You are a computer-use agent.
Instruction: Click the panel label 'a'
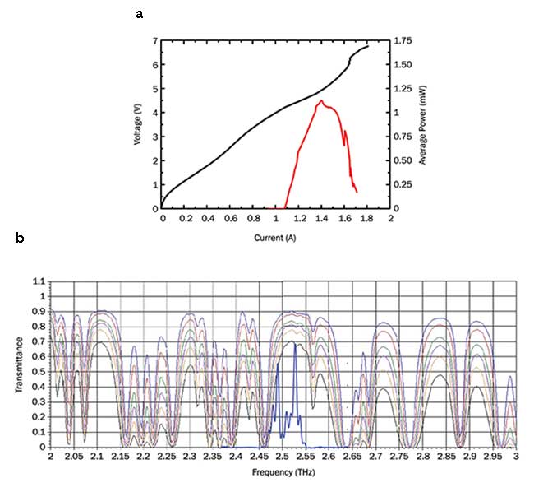140,14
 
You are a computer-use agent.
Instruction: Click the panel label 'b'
19,240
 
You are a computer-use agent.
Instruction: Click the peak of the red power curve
321,101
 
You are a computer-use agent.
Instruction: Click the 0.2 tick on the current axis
185,220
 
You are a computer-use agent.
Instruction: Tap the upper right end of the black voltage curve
368,46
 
